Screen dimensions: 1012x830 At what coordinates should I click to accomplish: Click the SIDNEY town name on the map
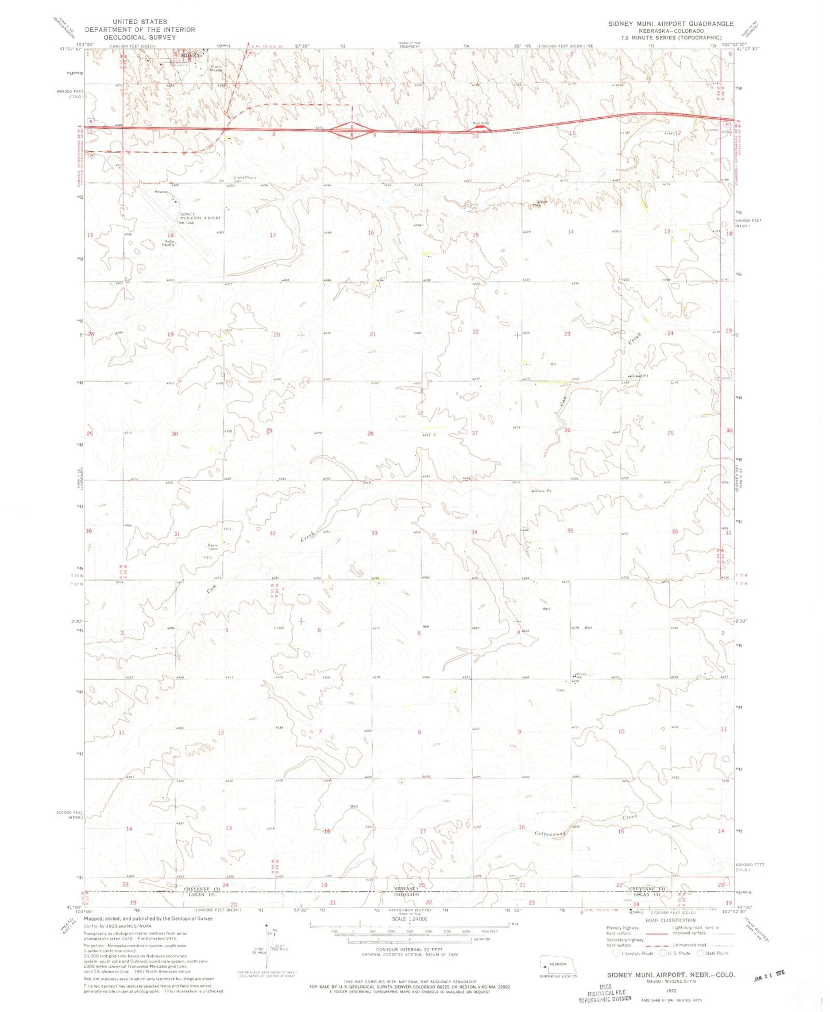[192, 56]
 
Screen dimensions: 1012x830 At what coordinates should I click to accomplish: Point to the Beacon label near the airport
[161, 192]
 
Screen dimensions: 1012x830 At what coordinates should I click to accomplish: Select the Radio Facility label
[168, 243]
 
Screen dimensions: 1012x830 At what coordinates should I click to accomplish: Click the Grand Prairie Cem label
[244, 179]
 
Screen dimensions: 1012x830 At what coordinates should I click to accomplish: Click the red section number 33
[375, 533]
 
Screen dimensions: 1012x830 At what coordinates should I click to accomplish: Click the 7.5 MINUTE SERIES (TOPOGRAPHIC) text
[670, 37]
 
